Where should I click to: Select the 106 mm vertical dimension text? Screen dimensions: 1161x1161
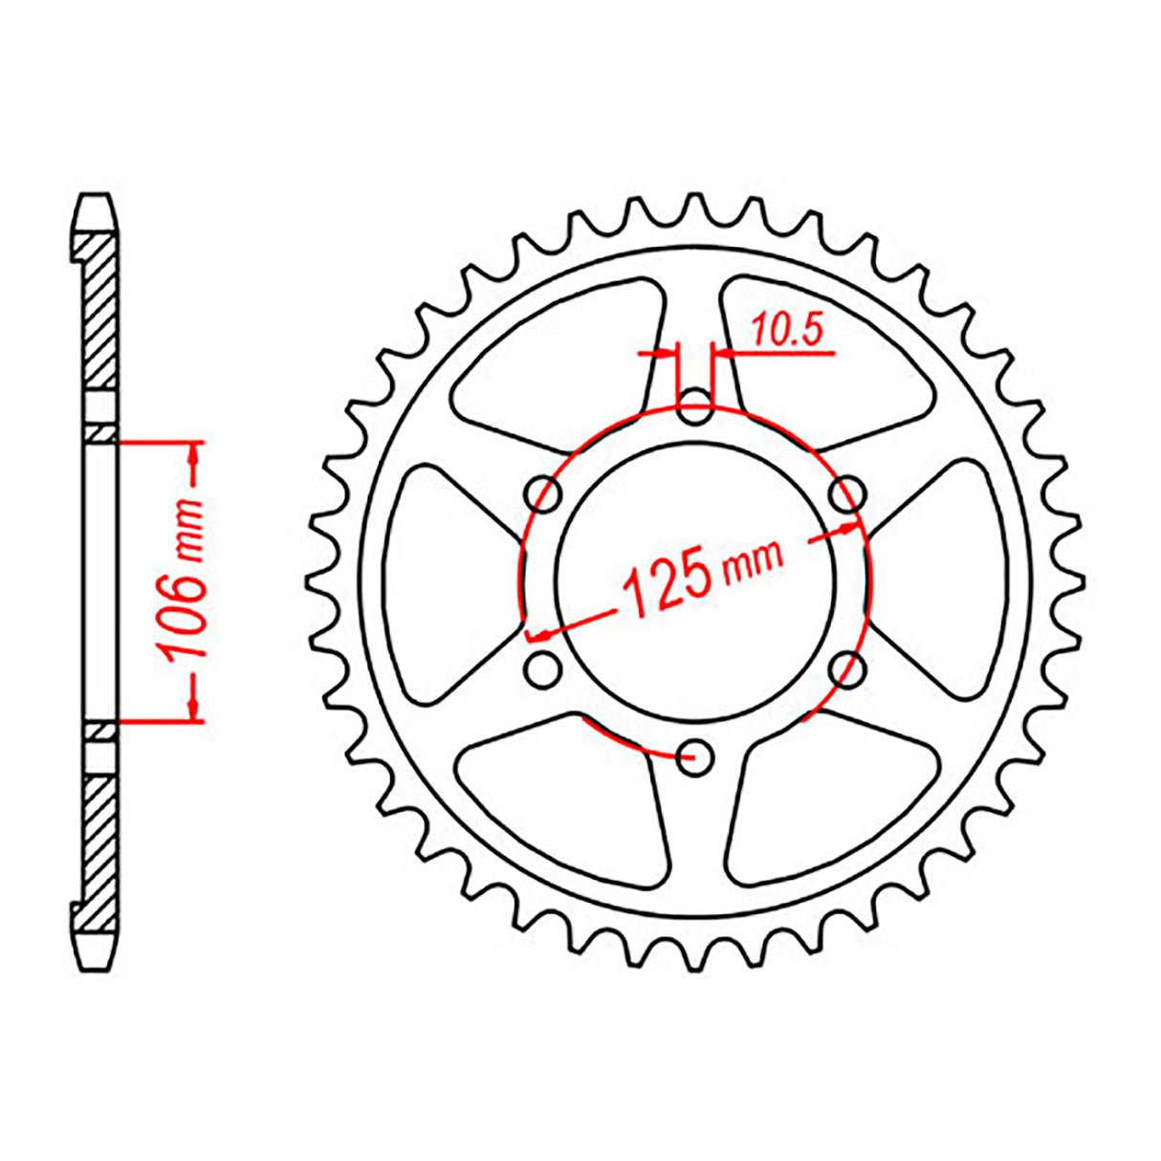tap(185, 580)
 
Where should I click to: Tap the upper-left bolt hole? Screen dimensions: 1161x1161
tap(546, 494)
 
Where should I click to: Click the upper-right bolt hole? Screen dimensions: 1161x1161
tap(845, 494)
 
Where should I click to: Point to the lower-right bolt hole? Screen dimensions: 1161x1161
tap(846, 668)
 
